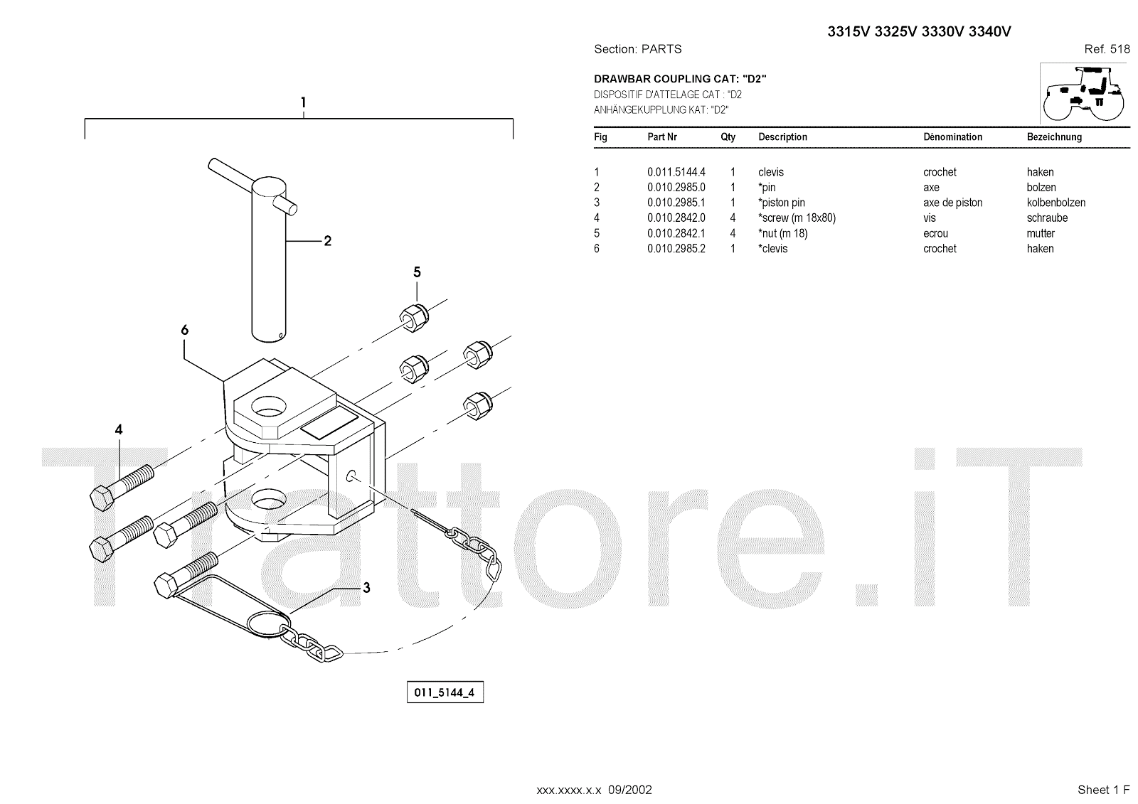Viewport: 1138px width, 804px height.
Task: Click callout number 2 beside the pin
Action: point(327,241)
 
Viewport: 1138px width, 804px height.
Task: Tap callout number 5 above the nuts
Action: point(417,272)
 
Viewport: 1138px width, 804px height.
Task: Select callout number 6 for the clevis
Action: point(185,330)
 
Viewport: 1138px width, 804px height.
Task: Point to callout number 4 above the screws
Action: point(119,429)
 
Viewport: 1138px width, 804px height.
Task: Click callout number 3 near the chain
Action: point(366,588)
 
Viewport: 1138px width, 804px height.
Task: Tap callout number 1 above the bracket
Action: point(303,102)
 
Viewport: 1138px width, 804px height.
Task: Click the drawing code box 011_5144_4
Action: point(445,692)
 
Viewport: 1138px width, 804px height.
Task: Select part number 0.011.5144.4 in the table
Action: point(676,172)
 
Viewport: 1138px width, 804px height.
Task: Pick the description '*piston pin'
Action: point(782,203)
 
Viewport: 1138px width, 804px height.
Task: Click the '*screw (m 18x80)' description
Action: point(797,218)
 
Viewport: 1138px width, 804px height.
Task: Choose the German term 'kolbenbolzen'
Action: point(1055,203)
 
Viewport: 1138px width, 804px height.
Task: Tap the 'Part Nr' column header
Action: point(662,136)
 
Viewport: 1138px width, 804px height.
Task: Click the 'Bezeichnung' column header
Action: point(1054,136)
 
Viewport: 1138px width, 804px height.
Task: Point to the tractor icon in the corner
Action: point(1084,93)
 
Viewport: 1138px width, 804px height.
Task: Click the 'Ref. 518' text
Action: point(1107,49)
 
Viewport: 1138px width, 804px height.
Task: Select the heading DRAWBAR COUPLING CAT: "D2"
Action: point(680,79)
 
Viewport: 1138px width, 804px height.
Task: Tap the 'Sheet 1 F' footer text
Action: point(1103,790)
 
